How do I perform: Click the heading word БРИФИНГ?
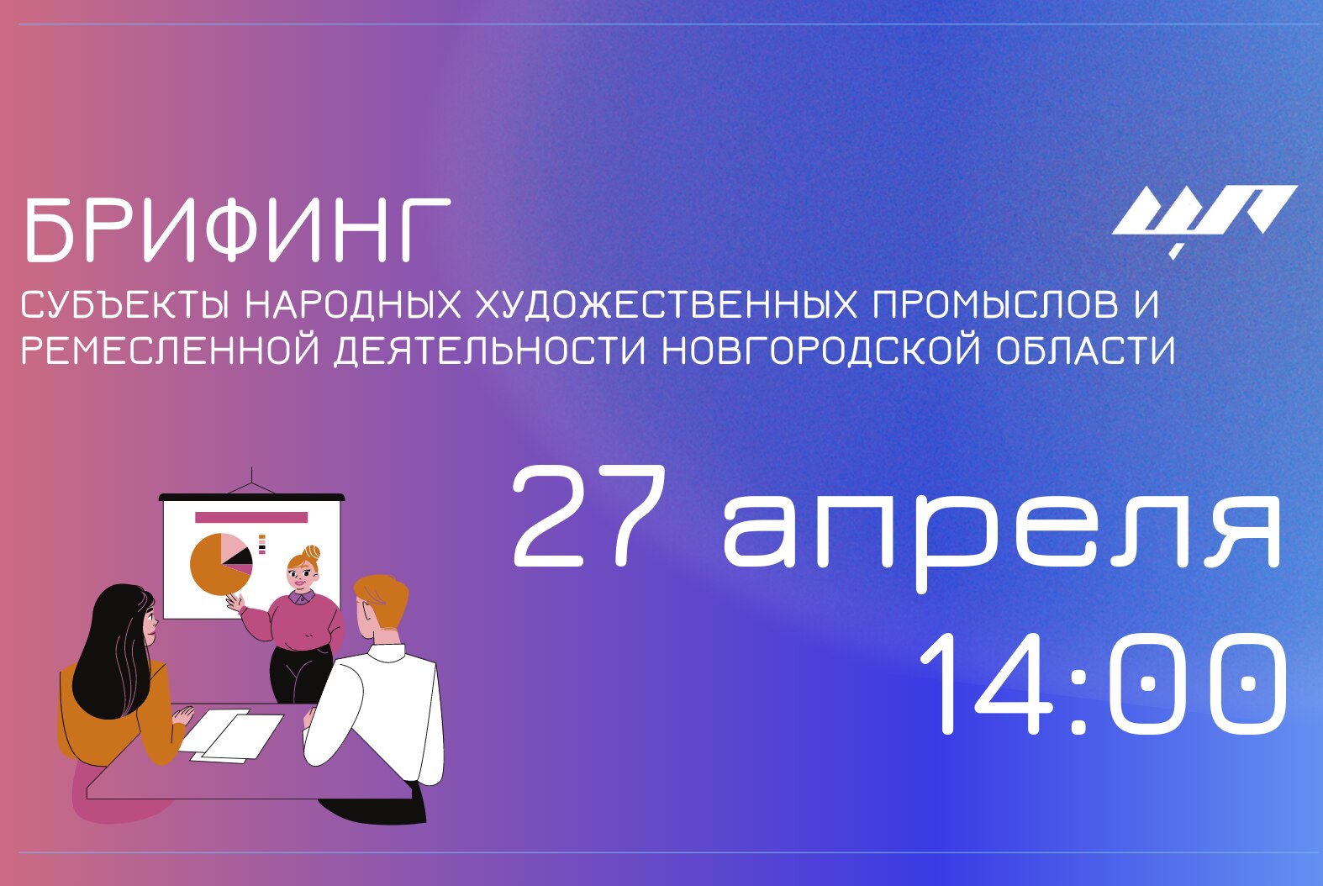click(236, 229)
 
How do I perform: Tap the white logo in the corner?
click(1203, 215)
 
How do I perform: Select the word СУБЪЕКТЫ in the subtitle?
click(124, 305)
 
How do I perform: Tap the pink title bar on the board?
click(251, 517)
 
